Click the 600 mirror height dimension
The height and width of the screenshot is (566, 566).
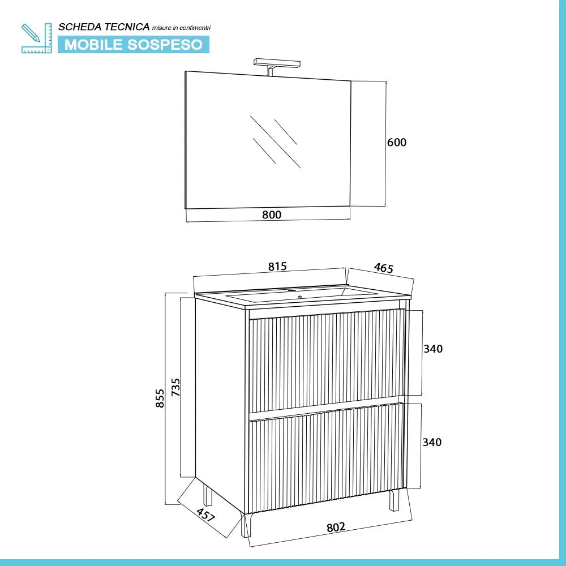[x=396, y=142]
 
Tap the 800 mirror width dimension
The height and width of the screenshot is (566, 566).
[x=272, y=215]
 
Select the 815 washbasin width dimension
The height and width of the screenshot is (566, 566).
[x=277, y=267]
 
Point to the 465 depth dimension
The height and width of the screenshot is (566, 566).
[x=383, y=268]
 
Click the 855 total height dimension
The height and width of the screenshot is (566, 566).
[x=160, y=398]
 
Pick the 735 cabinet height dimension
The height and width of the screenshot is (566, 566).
[x=175, y=387]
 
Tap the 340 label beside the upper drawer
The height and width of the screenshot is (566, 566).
[x=433, y=349]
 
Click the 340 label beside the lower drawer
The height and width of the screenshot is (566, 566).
[x=432, y=442]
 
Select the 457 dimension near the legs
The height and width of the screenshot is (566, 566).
[x=206, y=514]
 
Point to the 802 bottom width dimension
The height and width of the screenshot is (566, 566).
[x=336, y=528]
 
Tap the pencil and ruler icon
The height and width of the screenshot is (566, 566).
[x=36, y=38]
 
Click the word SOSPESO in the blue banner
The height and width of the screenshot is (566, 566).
[x=165, y=45]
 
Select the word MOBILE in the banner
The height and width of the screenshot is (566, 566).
[x=93, y=45]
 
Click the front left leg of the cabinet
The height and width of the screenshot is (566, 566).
[x=246, y=525]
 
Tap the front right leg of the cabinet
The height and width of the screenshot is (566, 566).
[x=394, y=500]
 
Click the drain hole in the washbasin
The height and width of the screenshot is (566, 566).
[x=299, y=298]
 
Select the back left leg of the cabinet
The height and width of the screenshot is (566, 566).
[x=208, y=495]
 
